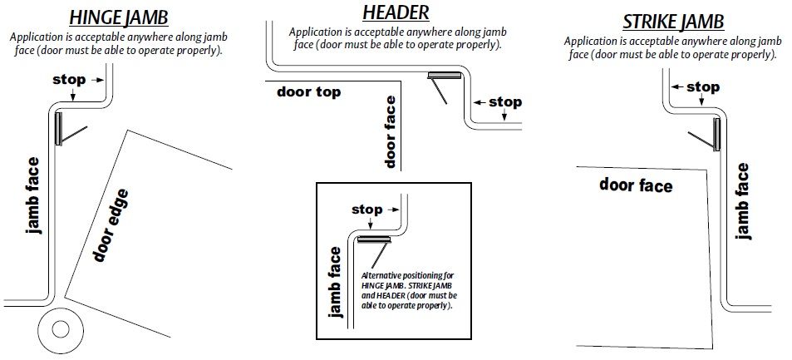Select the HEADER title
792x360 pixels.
coord(396,12)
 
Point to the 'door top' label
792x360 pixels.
coord(309,91)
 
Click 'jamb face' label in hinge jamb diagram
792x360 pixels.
coord(33,195)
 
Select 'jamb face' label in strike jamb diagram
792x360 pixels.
coord(743,200)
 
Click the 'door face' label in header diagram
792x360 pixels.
coord(391,131)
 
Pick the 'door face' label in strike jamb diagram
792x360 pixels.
coord(636,184)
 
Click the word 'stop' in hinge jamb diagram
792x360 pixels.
coord(68,80)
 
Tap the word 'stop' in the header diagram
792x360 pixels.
coord(504,102)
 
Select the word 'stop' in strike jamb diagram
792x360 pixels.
coord(702,87)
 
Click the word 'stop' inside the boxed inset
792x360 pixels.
coord(366,210)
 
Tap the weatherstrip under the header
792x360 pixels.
coord(445,77)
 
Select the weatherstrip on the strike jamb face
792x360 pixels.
coord(716,134)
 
